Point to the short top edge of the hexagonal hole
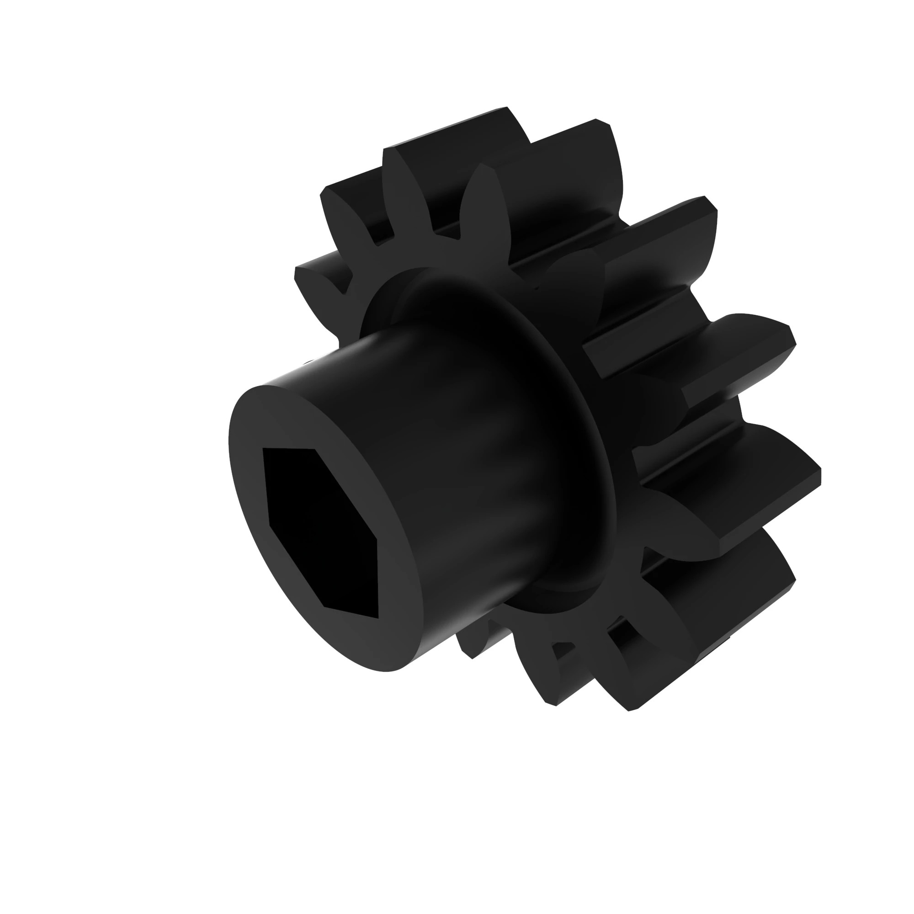pos(290,448)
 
